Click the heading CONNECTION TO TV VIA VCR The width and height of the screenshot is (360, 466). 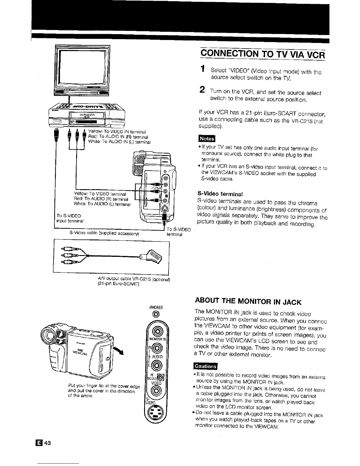[263, 55]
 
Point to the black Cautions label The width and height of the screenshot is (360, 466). [205, 366]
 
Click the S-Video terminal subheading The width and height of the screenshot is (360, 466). [221, 194]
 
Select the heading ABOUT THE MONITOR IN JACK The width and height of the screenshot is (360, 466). [248, 302]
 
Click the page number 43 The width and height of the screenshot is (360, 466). [48, 443]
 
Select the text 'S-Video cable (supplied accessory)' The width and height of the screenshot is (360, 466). [104, 234]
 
